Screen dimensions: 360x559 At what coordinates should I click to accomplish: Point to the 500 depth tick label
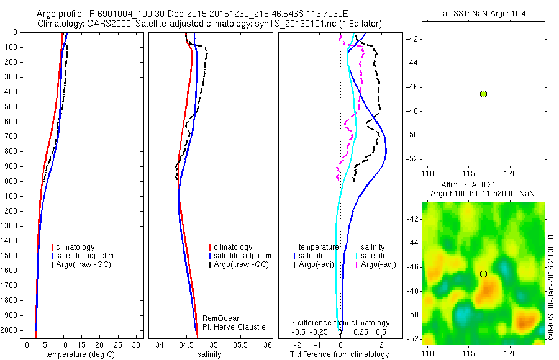click(10, 107)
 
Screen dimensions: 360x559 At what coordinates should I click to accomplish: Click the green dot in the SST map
click(483, 94)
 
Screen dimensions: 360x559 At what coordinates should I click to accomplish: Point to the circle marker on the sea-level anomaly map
click(483, 274)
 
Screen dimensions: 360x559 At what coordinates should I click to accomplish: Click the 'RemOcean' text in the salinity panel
click(222, 318)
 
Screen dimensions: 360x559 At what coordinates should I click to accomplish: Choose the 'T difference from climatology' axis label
click(339, 354)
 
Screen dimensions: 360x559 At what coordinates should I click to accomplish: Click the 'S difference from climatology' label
click(340, 323)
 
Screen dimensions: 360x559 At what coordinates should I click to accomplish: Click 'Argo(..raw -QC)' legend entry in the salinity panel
click(240, 265)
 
